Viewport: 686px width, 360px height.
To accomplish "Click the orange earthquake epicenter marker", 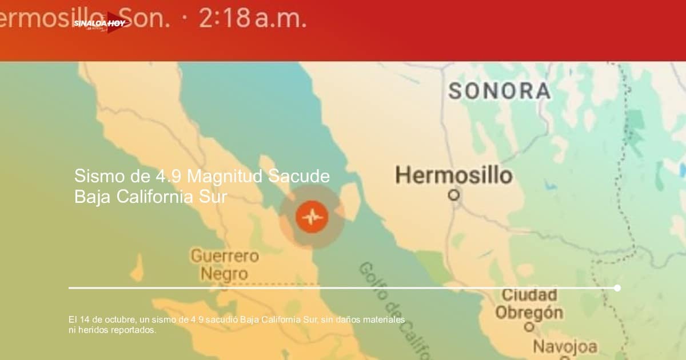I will point(312,217).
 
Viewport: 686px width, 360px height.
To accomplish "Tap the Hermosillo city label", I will point(454,175).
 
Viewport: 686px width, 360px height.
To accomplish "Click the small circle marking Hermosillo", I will point(454,195).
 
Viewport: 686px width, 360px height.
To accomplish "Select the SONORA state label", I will point(499,91).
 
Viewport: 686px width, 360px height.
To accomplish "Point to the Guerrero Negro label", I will point(225,264).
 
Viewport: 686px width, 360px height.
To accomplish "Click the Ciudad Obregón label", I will point(529,304).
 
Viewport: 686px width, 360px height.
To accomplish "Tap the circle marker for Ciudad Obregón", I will point(529,327).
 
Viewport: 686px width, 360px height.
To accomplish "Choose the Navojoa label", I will point(565,346).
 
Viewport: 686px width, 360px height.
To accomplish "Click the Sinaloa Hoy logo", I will point(101,23).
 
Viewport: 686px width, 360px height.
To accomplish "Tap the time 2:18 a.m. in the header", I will point(253,19).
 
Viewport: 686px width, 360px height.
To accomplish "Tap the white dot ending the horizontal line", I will point(617,288).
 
